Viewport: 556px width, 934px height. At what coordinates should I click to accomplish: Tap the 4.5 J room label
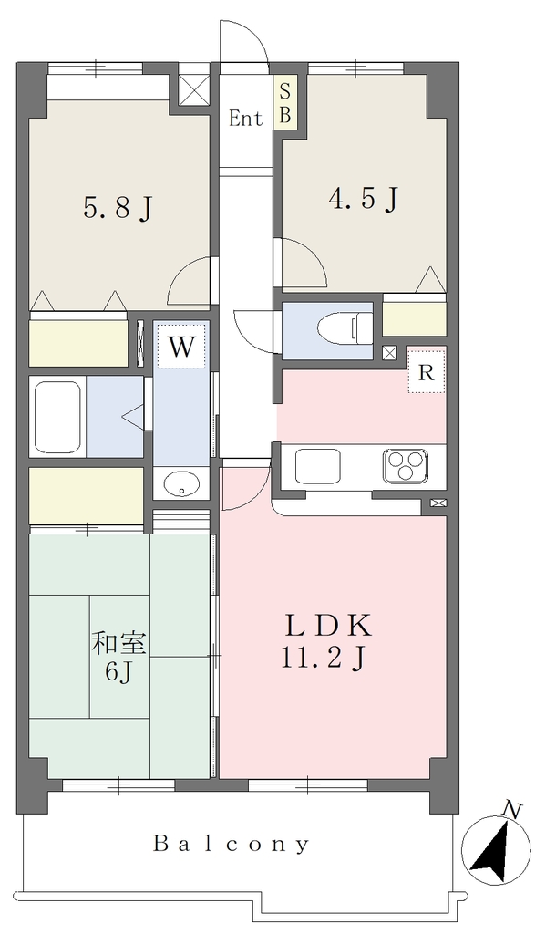(363, 199)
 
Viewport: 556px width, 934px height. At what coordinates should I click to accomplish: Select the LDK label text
(329, 627)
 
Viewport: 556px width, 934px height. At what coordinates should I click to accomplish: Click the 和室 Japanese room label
(118, 644)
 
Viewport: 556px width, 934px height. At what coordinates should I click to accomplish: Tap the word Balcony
(232, 844)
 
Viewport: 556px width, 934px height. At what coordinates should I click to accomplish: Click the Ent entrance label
(246, 119)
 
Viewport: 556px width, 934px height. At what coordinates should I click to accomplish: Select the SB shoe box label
(285, 104)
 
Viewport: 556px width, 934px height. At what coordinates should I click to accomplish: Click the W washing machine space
(181, 346)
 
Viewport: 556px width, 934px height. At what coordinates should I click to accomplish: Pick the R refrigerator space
(427, 374)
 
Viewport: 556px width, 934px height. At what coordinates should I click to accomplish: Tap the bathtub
(57, 417)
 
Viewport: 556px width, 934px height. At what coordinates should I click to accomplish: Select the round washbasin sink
(181, 483)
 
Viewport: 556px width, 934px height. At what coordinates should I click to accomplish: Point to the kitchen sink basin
(317, 465)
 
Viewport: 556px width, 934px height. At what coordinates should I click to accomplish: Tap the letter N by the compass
(513, 810)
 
